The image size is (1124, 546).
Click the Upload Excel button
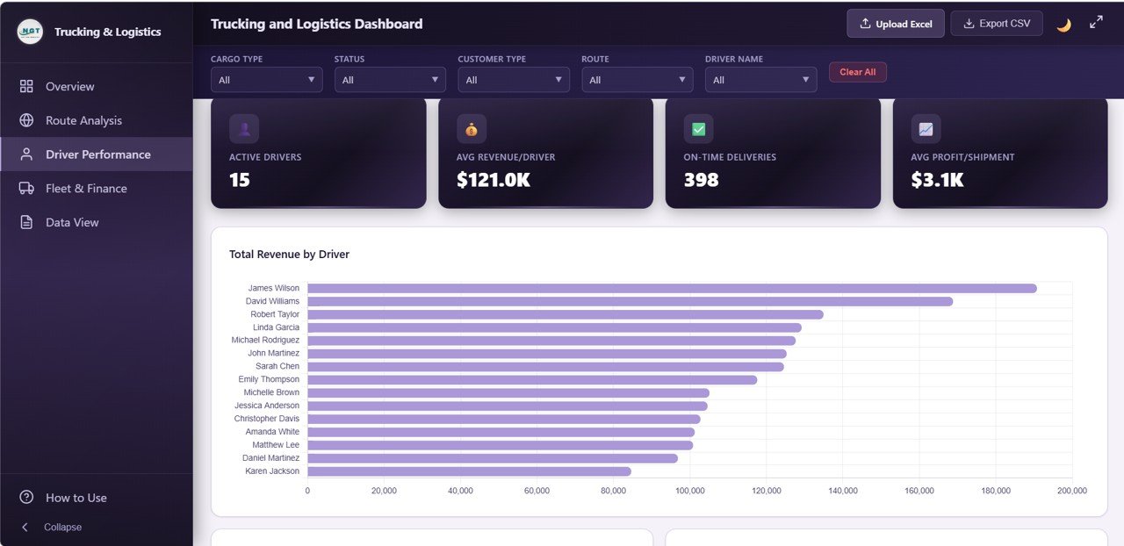click(896, 24)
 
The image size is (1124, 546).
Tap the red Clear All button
click(857, 72)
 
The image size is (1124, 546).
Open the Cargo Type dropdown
click(266, 80)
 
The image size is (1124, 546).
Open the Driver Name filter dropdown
click(760, 80)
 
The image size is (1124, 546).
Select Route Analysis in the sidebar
click(83, 120)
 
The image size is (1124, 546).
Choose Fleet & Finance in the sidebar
click(86, 189)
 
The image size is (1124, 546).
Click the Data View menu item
click(72, 223)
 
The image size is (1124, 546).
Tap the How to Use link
click(76, 498)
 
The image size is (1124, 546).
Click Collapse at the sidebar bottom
click(62, 528)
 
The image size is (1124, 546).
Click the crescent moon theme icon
click(1063, 25)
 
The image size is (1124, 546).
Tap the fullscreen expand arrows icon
click(1096, 23)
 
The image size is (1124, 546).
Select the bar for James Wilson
click(672, 288)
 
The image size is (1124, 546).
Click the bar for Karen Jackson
click(469, 471)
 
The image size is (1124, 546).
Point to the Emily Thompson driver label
click(269, 379)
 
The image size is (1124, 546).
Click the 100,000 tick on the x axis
click(689, 491)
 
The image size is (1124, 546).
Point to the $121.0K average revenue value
click(493, 180)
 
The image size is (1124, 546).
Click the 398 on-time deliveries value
click(701, 180)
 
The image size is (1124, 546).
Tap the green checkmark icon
click(698, 129)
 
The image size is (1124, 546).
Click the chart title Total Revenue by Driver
click(289, 255)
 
